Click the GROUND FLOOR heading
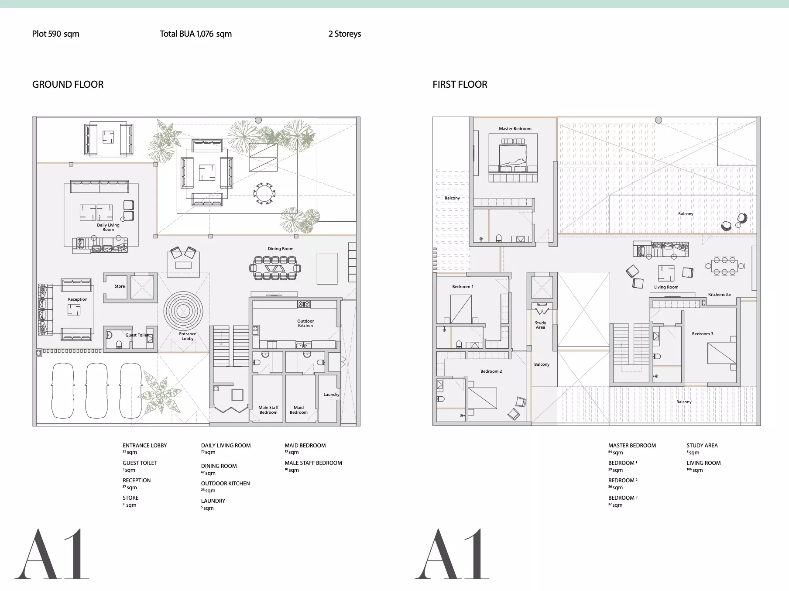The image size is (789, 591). (68, 84)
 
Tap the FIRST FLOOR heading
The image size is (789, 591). (460, 84)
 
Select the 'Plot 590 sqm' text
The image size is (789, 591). (55, 34)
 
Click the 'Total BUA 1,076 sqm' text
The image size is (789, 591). (196, 34)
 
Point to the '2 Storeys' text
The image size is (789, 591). (345, 34)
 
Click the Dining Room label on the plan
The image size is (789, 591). (281, 249)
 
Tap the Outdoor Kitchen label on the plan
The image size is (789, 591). (305, 323)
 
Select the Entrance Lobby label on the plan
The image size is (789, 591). (188, 336)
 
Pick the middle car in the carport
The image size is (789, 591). (96, 391)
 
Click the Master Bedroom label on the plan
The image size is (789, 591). (515, 129)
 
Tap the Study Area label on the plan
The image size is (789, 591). (540, 325)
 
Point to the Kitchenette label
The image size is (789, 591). (719, 295)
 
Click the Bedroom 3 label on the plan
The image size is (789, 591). (703, 334)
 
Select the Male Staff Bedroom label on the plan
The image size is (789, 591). (268, 410)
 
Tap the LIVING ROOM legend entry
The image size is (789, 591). (703, 466)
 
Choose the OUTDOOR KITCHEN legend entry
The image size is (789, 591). (225, 487)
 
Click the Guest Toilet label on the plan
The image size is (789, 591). (137, 335)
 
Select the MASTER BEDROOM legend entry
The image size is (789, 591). (632, 449)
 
